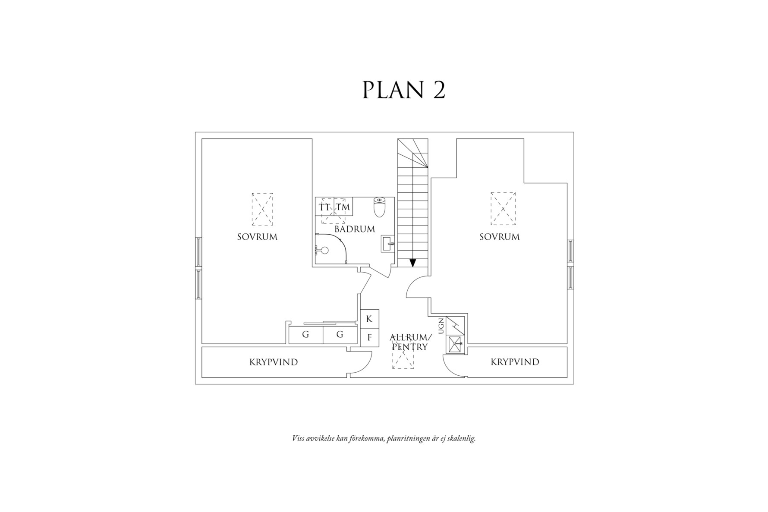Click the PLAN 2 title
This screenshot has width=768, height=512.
click(x=403, y=90)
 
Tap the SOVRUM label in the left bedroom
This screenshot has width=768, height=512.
click(x=257, y=237)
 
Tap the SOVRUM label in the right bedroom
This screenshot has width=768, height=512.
click(x=500, y=237)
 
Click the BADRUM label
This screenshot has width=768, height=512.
click(x=355, y=229)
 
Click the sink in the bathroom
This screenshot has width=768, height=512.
click(x=388, y=244)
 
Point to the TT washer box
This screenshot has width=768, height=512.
click(x=324, y=207)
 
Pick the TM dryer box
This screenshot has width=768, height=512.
click(x=343, y=207)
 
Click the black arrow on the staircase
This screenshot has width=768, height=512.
click(x=413, y=262)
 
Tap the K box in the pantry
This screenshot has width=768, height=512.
click(x=369, y=319)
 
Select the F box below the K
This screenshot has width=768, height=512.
click(x=369, y=338)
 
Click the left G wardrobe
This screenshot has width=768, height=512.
click(x=305, y=335)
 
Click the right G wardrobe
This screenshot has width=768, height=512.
click(x=340, y=335)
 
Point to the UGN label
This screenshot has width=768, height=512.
click(x=441, y=326)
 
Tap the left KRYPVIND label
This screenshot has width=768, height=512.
click(x=274, y=362)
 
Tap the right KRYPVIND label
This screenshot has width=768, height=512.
click(x=515, y=362)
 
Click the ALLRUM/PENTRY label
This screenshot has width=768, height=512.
click(x=410, y=342)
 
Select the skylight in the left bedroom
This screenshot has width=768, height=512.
click(x=262, y=209)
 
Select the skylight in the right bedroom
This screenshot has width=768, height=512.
click(x=503, y=209)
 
